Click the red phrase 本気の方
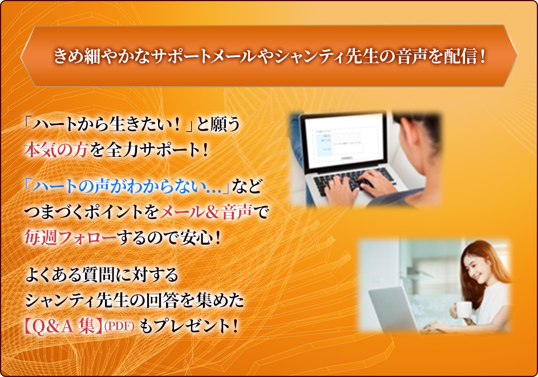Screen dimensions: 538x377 56,150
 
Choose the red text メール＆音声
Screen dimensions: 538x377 206,212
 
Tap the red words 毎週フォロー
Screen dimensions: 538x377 70,237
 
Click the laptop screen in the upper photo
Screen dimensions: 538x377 344,141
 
